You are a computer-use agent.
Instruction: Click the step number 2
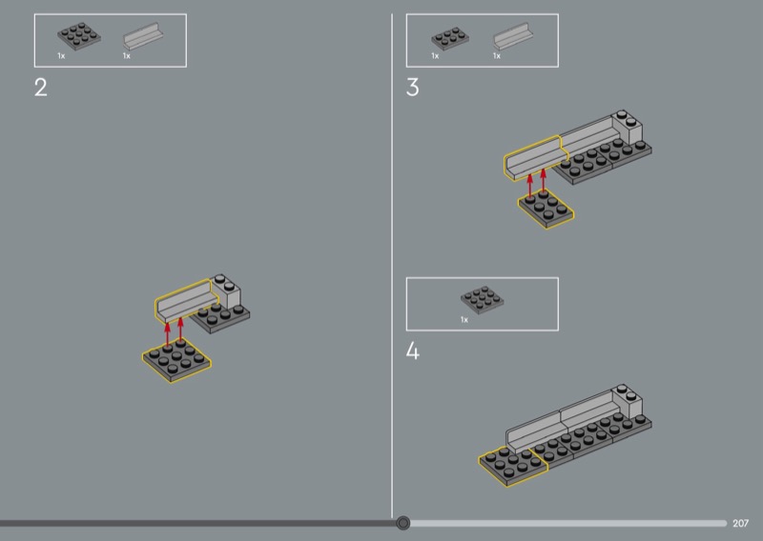tap(41, 88)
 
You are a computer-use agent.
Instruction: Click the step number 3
tap(412, 88)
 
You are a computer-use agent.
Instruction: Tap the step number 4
tap(413, 351)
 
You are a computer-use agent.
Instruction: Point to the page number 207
tap(741, 524)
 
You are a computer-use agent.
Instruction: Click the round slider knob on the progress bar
tap(402, 523)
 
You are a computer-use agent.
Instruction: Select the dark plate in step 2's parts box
tap(79, 36)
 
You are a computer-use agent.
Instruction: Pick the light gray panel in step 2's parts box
tap(143, 36)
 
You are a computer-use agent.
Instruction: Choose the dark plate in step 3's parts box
tap(450, 39)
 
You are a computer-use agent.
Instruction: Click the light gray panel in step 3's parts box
tap(513, 36)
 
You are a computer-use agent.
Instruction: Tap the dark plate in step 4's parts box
tap(483, 300)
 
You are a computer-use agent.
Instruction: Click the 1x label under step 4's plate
tap(464, 320)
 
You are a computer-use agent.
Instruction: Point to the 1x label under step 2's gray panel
tap(127, 56)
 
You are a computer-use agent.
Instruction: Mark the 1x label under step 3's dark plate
tap(435, 56)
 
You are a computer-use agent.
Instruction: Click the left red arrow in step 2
tap(168, 333)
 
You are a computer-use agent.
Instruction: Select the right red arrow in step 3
tap(544, 180)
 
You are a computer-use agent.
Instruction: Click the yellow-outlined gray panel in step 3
tap(534, 157)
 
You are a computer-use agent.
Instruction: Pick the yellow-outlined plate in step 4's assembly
tap(513, 467)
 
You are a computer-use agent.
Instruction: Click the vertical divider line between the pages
tap(392, 266)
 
